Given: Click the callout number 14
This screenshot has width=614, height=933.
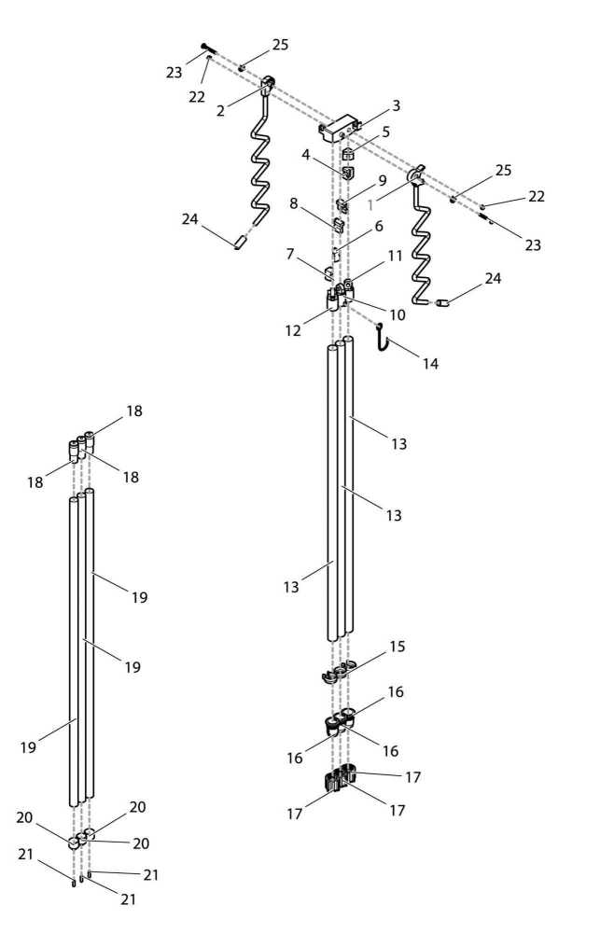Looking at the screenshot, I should click(x=430, y=364).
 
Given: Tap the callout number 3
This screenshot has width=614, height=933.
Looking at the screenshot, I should click(x=396, y=106).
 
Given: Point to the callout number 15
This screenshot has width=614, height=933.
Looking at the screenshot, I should click(x=398, y=646).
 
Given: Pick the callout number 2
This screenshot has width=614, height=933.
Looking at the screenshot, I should click(x=220, y=111).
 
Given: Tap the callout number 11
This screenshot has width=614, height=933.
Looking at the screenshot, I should click(x=395, y=255).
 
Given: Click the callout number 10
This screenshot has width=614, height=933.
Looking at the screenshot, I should click(x=398, y=315).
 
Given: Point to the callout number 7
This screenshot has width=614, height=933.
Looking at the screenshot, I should click(x=290, y=254).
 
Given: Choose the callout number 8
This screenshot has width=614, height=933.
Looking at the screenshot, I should click(x=293, y=202).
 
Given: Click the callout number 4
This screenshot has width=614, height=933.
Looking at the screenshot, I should click(x=305, y=157).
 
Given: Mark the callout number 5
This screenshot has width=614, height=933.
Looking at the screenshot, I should click(x=385, y=132).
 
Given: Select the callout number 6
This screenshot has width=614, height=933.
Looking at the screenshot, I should click(x=380, y=226).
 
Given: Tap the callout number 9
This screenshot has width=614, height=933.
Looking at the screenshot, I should click(x=382, y=179).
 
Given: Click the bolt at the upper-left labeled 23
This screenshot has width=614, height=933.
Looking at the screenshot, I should click(x=205, y=49).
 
